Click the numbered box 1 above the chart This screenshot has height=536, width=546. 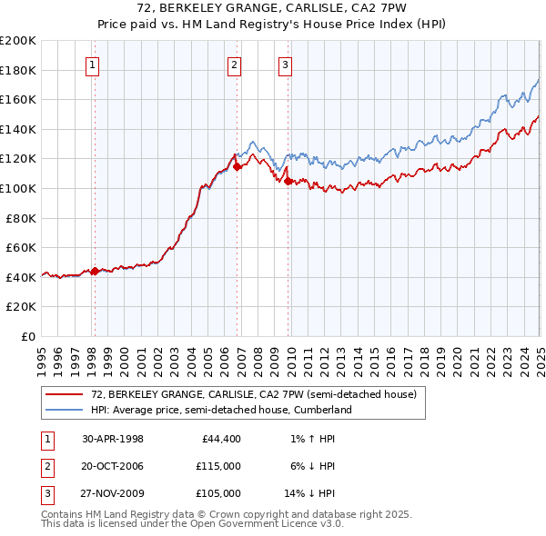pyautogui.click(x=94, y=65)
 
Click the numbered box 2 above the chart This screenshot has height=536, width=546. pyautogui.click(x=234, y=65)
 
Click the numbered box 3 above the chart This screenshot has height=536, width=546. pyautogui.click(x=285, y=65)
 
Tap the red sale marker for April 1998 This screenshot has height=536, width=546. pyautogui.click(x=95, y=270)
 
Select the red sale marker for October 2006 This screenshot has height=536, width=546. pyautogui.click(x=237, y=166)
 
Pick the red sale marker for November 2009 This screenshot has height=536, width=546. pyautogui.click(x=288, y=182)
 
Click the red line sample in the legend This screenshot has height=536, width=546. pyautogui.click(x=64, y=394)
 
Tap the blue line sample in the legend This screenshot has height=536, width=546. pyautogui.click(x=64, y=410)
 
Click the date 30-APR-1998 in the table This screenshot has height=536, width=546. pyautogui.click(x=113, y=440)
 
